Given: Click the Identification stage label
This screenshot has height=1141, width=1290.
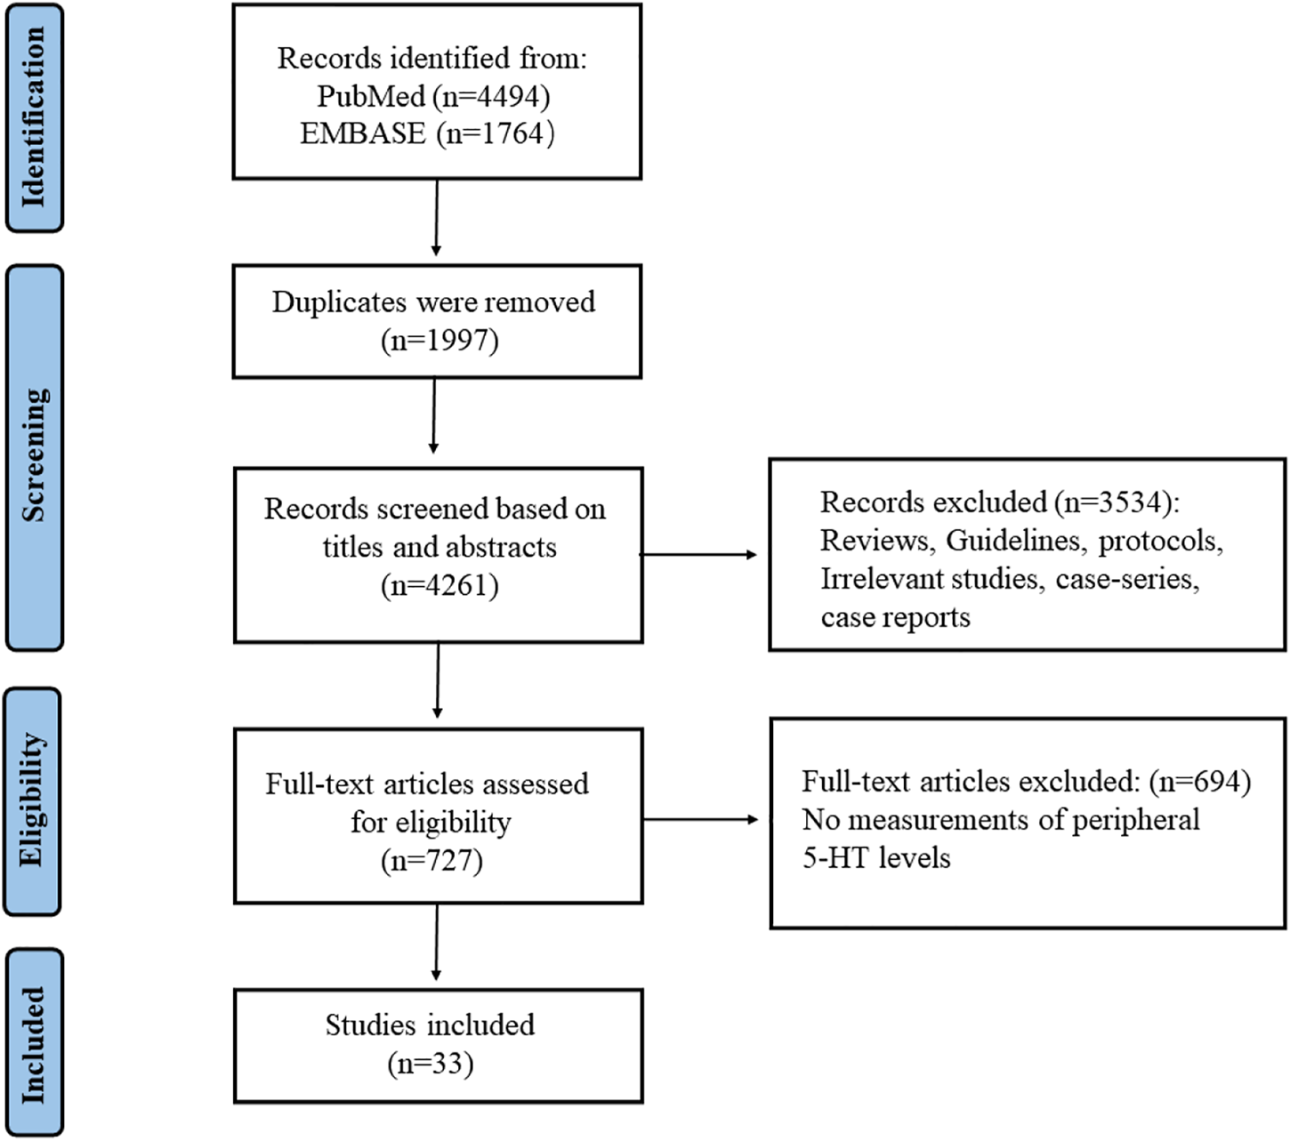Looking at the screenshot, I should (x=34, y=117).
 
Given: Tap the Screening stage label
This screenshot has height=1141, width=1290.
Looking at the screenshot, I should (x=34, y=456).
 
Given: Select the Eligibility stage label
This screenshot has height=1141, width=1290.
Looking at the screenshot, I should (x=32, y=800).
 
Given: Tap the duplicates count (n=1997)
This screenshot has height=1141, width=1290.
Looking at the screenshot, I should (x=439, y=341).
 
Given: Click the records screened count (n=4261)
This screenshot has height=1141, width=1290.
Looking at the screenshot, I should (x=439, y=586).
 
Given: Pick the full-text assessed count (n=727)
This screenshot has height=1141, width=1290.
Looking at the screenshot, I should (x=431, y=861).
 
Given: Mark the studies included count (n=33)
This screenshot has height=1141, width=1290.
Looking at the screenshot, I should (x=431, y=1064).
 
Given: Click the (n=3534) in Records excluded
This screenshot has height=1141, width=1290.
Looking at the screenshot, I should (x=1116, y=502).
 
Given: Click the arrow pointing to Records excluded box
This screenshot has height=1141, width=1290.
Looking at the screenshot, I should (x=698, y=555).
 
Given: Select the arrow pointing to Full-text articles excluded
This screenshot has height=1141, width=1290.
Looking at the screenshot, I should (x=700, y=819).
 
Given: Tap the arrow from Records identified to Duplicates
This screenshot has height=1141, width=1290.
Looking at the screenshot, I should (x=436, y=218).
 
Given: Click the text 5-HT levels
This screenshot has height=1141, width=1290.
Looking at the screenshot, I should (x=876, y=858).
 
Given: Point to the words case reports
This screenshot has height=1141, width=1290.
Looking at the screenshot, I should (x=895, y=617).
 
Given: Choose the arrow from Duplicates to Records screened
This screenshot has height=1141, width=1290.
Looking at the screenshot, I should (x=433, y=416).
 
